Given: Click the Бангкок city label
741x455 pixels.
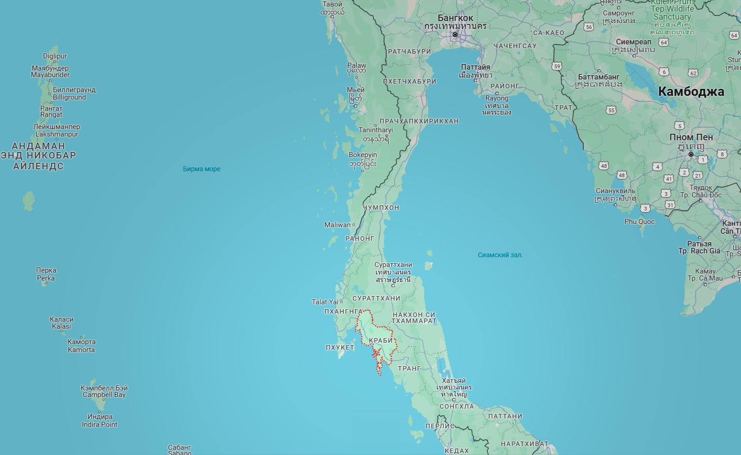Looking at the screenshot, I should pos(455,18).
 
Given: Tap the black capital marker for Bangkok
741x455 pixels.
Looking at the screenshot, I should pos(455,35).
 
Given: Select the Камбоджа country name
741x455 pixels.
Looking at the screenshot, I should pos(691,92).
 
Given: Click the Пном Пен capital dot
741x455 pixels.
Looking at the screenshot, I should pos(691,154).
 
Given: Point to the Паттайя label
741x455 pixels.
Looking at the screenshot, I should pos(475,67).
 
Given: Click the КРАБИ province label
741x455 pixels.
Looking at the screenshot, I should pos(381,340).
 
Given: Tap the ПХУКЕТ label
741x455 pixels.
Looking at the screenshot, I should pos(340,347).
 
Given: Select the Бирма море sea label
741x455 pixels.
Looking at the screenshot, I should pos(201,169).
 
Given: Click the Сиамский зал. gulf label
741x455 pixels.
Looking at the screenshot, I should pos(500,255).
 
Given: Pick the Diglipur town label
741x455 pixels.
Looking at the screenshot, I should pos(55,56).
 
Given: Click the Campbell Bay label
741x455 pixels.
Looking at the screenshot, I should pos(104,395).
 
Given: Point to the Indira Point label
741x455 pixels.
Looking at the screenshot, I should pos(99,425).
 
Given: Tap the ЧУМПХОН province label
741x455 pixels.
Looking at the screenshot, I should pos(382,208).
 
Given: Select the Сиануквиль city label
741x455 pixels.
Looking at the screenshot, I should pos(616,191).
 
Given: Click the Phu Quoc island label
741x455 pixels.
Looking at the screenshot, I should pos(639,222).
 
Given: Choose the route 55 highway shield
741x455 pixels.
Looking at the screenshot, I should pos(611,110).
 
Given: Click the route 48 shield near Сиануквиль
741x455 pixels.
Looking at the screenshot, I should pos(622,175).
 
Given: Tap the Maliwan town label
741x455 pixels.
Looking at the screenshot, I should pos(337,225).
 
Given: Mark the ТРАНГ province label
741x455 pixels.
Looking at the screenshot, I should pos(409,368).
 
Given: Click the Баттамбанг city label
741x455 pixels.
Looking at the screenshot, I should pos(599,77).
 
